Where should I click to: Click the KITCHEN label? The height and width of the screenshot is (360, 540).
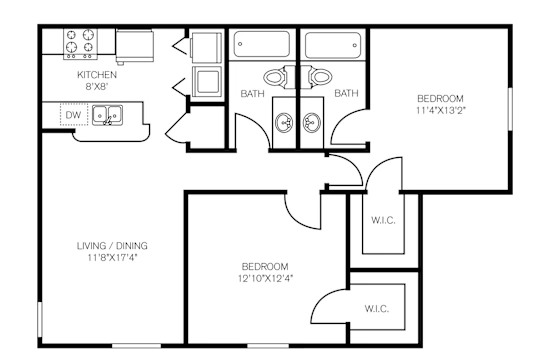click(x=97, y=74)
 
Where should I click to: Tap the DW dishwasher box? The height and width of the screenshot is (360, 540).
click(x=74, y=115)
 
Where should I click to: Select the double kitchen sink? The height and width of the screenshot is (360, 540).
click(x=107, y=115)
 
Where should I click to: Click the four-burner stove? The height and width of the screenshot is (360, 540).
click(x=80, y=44)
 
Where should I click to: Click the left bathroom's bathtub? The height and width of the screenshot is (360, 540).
click(x=262, y=44)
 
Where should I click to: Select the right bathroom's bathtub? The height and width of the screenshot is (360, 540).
click(x=333, y=45)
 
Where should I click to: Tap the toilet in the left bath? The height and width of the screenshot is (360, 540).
click(x=279, y=77)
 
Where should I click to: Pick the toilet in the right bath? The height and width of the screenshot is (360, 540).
click(x=316, y=77)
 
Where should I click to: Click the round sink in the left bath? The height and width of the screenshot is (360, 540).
click(x=284, y=122)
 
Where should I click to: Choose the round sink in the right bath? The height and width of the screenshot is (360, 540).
click(x=312, y=122)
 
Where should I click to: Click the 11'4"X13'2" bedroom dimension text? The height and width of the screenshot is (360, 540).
click(x=440, y=111)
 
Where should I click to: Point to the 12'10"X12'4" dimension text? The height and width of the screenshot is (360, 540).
click(x=265, y=278)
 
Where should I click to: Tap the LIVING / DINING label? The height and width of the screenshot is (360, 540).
click(x=112, y=246)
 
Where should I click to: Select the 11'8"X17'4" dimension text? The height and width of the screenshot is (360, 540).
click(x=112, y=257)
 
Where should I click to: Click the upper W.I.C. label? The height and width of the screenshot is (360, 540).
click(x=383, y=220)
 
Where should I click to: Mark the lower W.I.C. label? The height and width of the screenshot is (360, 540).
click(x=377, y=309)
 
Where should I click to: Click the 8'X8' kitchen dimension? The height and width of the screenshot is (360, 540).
click(x=97, y=86)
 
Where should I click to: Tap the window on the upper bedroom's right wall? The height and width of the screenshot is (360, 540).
click(x=510, y=109)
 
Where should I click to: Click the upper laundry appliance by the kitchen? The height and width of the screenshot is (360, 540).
click(x=206, y=47)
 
